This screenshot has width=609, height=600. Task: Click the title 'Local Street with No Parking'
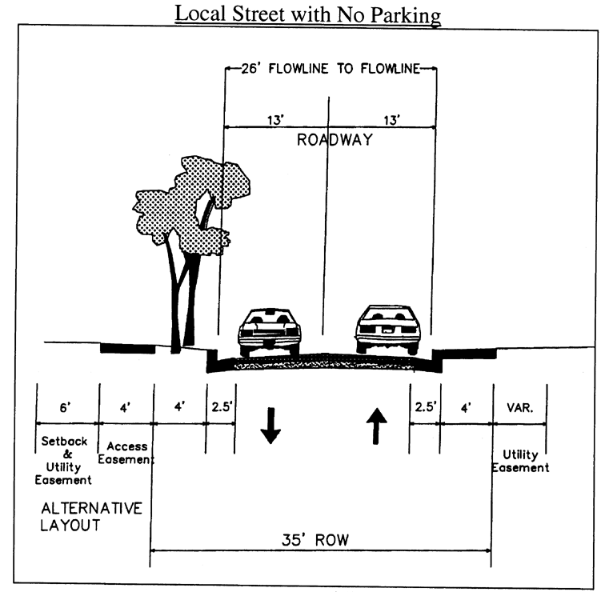[308, 14]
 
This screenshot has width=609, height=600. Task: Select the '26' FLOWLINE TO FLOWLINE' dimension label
[331, 68]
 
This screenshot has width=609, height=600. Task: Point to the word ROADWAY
[335, 140]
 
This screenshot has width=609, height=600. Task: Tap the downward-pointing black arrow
[270, 427]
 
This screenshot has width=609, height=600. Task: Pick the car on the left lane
[269, 329]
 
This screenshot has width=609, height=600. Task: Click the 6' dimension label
[67, 407]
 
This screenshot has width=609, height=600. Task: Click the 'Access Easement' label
[126, 454]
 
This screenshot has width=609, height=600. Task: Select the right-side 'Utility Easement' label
[521, 461]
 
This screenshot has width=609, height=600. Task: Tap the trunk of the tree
[180, 296]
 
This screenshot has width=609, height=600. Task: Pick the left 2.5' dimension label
[222, 407]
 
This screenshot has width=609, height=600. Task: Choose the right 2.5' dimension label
[425, 407]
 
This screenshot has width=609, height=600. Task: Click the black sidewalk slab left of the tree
[126, 348]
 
